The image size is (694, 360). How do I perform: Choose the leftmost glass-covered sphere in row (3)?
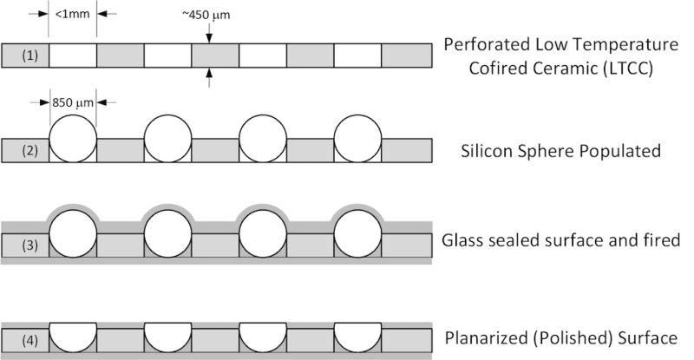pyautogui.click(x=73, y=232)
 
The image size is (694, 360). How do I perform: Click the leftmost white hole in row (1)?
pyautogui.click(x=73, y=56)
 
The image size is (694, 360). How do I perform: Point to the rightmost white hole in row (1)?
pyautogui.click(x=357, y=56)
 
